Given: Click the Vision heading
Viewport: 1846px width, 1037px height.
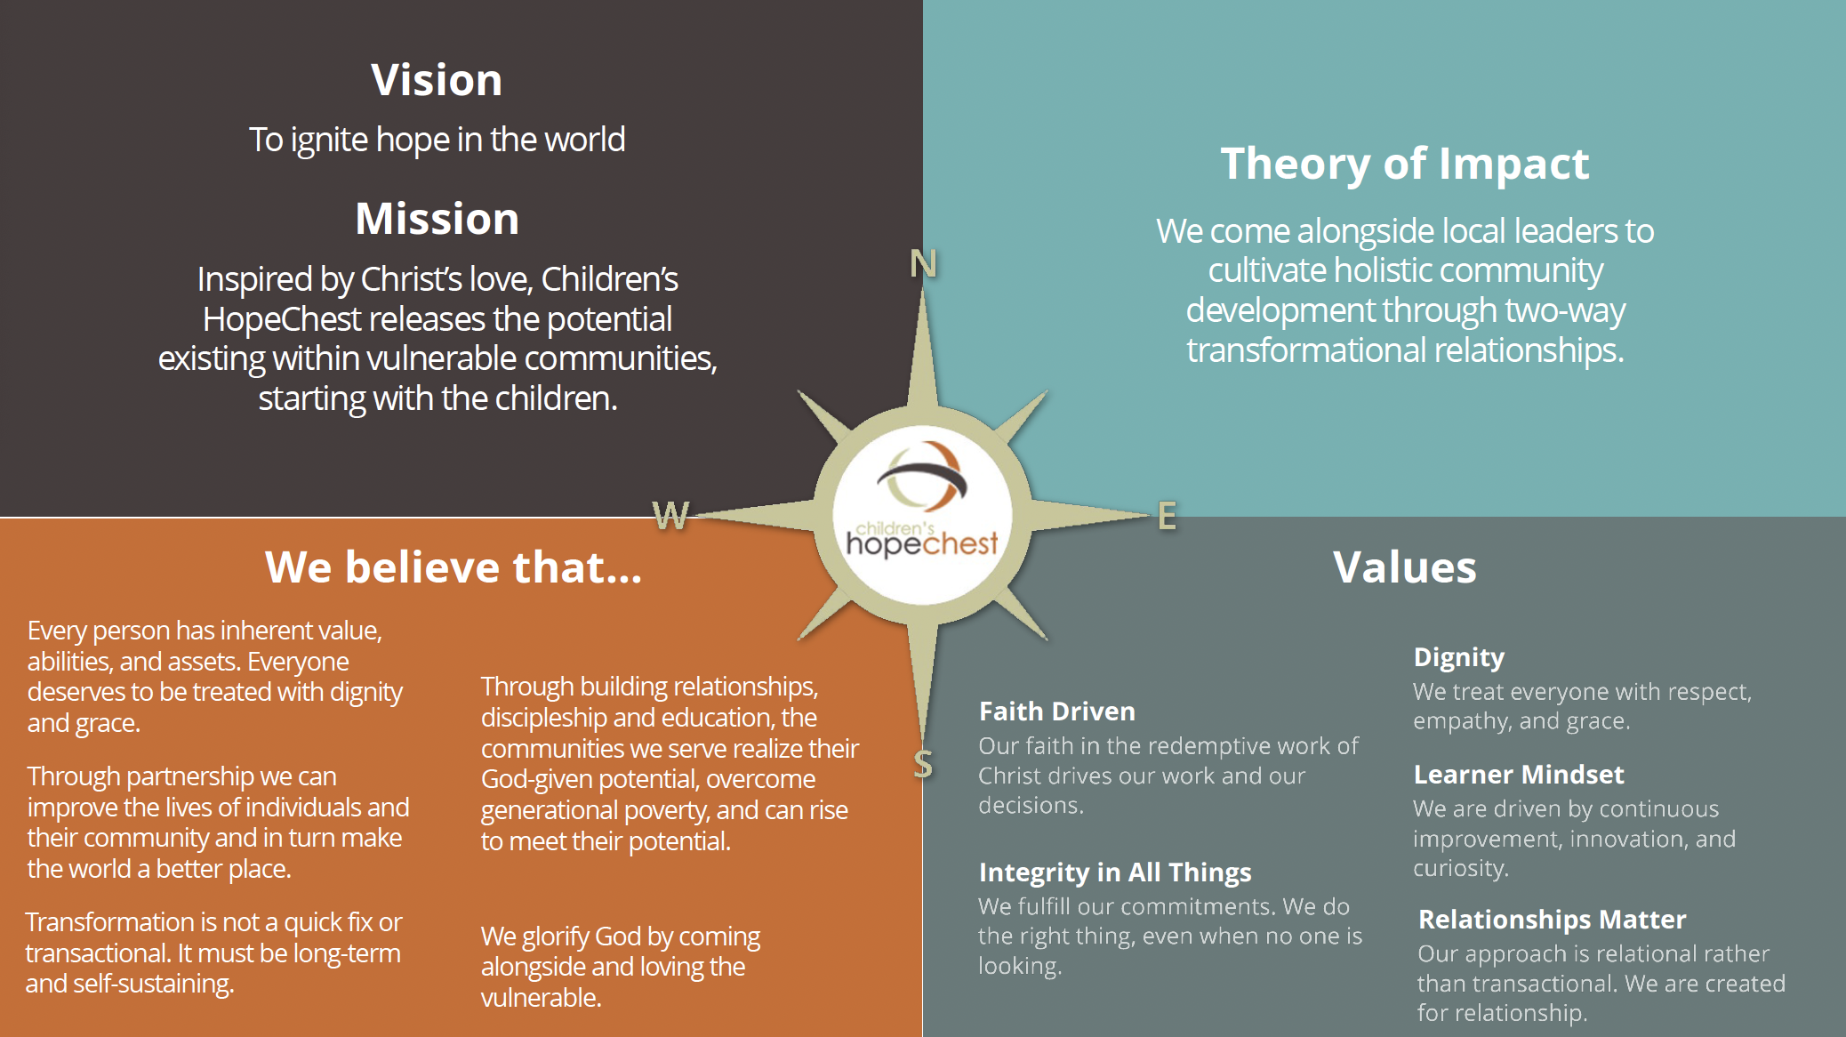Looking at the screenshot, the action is (437, 80).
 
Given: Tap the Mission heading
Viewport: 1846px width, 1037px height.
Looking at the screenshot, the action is (437, 219).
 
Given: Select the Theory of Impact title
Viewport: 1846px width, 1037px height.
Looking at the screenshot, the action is (1405, 165).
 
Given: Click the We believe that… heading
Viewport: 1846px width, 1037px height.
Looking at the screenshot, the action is (453, 567).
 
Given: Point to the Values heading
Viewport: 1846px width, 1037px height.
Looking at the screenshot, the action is (1405, 567).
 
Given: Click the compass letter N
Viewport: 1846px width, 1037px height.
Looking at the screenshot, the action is (923, 263).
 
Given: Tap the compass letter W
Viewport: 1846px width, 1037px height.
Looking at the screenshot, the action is (670, 515).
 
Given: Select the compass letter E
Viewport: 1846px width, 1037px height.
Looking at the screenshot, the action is (1167, 516).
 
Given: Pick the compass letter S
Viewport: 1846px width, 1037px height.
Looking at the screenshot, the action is (923, 764).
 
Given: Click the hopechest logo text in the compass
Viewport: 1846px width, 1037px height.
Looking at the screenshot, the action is (922, 542).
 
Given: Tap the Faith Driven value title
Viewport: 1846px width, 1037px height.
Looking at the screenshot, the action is (1057, 711).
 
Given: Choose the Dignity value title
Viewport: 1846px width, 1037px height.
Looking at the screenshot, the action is (1459, 658).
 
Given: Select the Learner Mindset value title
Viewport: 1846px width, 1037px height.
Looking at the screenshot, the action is (1519, 775).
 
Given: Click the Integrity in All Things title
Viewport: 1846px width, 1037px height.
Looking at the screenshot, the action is (1115, 873).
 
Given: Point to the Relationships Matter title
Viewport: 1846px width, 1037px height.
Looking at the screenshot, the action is (1552, 920).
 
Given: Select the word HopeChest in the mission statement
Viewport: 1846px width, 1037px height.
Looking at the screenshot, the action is (282, 319).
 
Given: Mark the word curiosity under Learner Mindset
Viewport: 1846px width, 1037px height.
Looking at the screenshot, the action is (1461, 868).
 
